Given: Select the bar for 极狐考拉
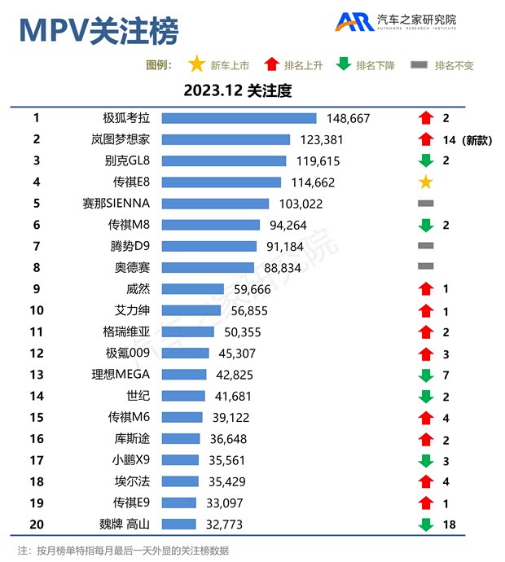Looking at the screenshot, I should [239, 118].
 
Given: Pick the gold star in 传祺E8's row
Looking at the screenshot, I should [425, 182].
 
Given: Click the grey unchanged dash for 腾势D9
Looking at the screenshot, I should [425, 245].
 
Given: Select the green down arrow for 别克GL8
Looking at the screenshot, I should [425, 160].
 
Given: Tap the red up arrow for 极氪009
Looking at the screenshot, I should [425, 353].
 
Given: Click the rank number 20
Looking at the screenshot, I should [37, 524].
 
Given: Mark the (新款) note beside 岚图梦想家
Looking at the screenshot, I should [478, 139].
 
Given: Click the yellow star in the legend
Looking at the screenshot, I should [196, 64].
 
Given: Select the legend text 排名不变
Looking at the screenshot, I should [454, 65].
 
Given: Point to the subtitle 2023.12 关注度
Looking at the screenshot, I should [237, 90].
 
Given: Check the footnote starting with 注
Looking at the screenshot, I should [123, 550].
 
